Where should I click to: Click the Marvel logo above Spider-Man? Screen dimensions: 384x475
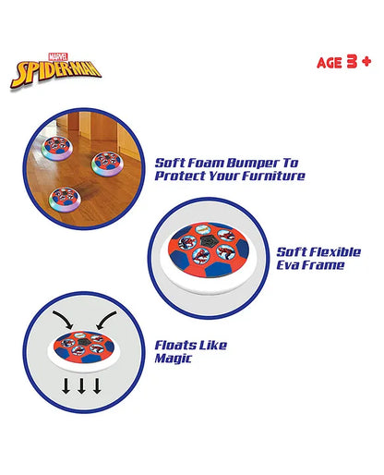point(58,56)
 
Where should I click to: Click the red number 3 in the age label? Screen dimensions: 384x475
point(352,62)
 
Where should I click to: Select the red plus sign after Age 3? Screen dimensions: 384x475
point(366,62)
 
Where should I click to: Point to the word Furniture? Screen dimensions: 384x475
point(273,176)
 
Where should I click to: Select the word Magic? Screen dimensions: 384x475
point(173,359)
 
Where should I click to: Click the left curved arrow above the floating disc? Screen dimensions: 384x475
point(63,319)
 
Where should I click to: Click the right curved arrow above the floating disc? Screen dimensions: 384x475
point(106,320)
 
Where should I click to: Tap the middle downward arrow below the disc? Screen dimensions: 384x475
point(81,386)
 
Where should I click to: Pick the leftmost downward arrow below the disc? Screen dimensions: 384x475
point(66,386)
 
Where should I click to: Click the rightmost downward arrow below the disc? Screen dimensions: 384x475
point(97,386)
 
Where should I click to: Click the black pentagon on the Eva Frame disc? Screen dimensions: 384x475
point(208,242)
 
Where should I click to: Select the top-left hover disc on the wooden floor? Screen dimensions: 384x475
point(57,148)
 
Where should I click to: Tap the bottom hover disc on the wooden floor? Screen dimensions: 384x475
point(66,198)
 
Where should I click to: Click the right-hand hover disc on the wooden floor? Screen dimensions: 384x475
point(108,164)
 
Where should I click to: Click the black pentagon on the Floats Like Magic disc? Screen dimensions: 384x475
point(83,342)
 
